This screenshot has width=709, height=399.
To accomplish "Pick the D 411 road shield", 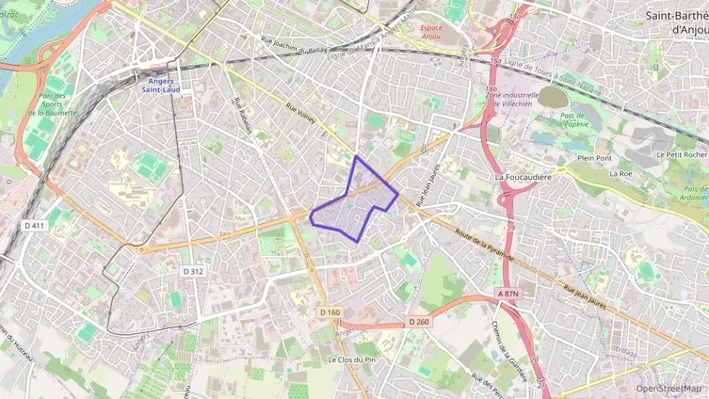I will click(34, 225).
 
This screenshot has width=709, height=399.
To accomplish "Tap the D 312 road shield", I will click(192, 271).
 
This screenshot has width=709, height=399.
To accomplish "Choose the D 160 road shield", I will click(330, 312).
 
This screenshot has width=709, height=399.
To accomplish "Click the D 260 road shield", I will click(419, 322).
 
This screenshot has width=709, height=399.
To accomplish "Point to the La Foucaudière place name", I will click(521, 177).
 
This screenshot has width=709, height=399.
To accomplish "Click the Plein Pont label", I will click(594, 158).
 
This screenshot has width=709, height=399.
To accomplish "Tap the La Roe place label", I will click(620, 173).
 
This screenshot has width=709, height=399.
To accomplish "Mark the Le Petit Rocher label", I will click(682, 154).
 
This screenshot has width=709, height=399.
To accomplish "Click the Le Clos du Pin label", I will click(353, 359).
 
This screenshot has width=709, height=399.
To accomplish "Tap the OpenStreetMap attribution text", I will click(669, 388).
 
